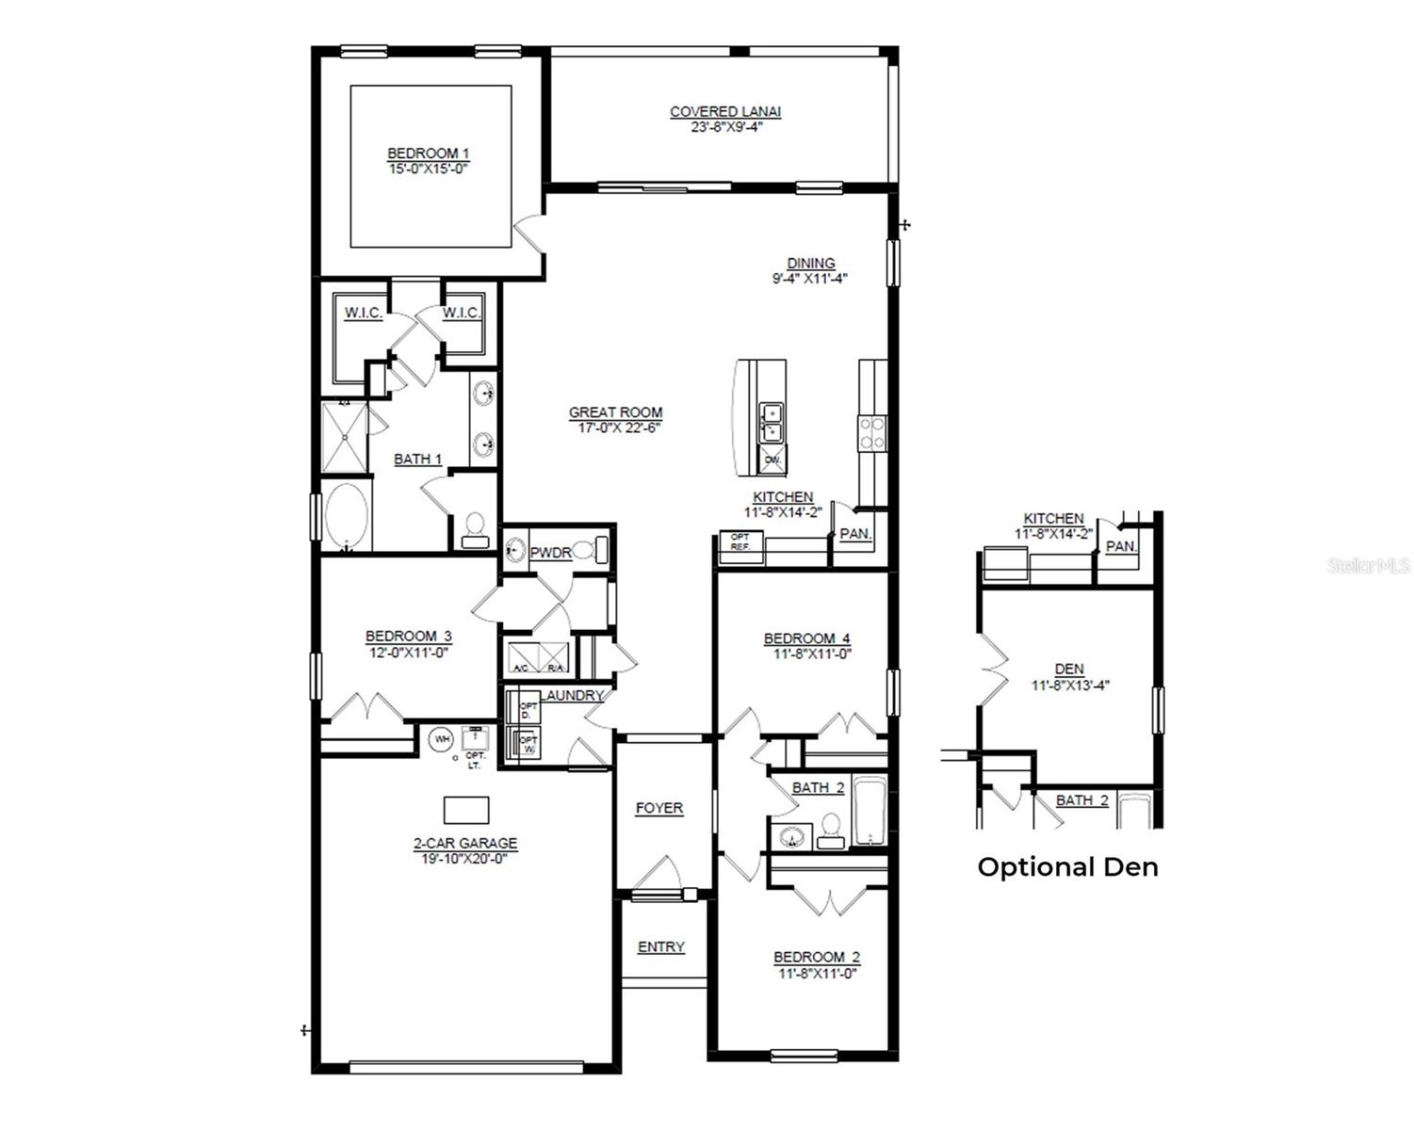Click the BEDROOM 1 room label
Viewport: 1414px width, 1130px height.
click(428, 153)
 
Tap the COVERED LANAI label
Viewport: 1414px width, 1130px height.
click(725, 111)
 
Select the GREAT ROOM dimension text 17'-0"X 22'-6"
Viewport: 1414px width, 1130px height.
click(615, 428)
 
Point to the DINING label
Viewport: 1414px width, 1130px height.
click(811, 264)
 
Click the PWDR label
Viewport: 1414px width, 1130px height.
click(550, 553)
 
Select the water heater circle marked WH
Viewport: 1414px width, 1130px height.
click(441, 739)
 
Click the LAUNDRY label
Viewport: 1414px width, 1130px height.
click(573, 695)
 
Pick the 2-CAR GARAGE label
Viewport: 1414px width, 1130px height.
click(464, 844)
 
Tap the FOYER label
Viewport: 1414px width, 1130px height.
click(659, 808)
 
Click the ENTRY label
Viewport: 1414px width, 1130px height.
click(660, 946)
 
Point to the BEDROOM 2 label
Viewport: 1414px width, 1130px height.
click(817, 957)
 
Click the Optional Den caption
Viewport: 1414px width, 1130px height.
click(1067, 866)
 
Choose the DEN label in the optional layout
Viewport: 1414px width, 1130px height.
click(1069, 669)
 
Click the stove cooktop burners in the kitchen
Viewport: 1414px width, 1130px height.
click(871, 432)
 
